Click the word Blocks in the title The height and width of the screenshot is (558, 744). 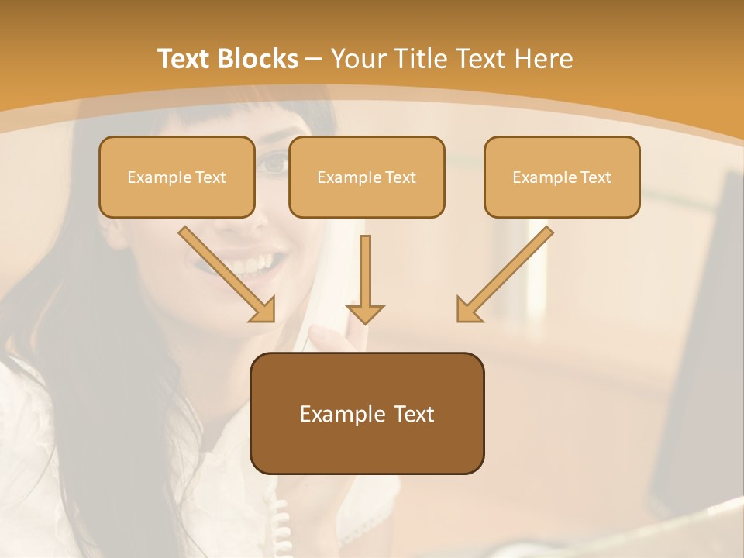[x=260, y=59]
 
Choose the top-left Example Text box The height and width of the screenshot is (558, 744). [x=177, y=177]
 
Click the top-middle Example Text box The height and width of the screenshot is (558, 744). [x=367, y=177]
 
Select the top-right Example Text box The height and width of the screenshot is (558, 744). [x=562, y=177]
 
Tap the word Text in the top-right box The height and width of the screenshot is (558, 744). [x=594, y=177]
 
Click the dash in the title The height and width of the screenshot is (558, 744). [x=314, y=59]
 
